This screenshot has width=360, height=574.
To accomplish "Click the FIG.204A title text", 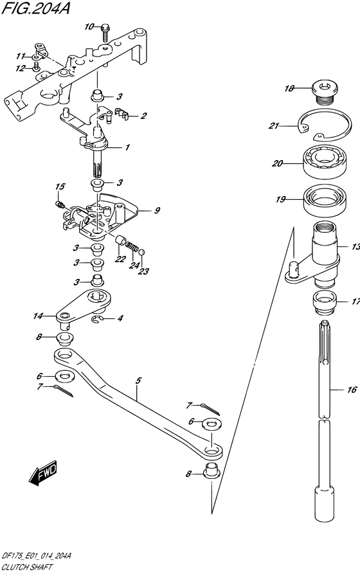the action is [35, 8].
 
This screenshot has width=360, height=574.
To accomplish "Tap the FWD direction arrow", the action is [43, 472].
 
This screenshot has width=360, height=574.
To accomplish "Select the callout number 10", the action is [89, 27].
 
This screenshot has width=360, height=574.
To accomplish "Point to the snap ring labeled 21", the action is [325, 125].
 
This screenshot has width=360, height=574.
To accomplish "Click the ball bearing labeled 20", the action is [325, 163].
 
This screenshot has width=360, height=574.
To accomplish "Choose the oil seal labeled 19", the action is [325, 200].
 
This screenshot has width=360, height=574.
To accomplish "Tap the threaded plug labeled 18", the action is [325, 93].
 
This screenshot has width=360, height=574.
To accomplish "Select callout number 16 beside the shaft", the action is [352, 390].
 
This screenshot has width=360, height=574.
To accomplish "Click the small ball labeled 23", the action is [142, 252].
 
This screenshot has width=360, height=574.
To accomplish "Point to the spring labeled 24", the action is [132, 246].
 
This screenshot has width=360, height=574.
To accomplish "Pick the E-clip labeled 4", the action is [96, 320].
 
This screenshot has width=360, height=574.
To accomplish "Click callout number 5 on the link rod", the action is [138, 381].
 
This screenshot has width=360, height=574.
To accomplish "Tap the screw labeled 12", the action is [36, 66].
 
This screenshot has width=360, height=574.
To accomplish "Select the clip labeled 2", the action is [122, 114].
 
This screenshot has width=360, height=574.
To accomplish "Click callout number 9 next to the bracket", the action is [157, 210].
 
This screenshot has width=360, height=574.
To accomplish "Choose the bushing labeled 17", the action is [325, 302].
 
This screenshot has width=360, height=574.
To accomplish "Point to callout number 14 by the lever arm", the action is [38, 316].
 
